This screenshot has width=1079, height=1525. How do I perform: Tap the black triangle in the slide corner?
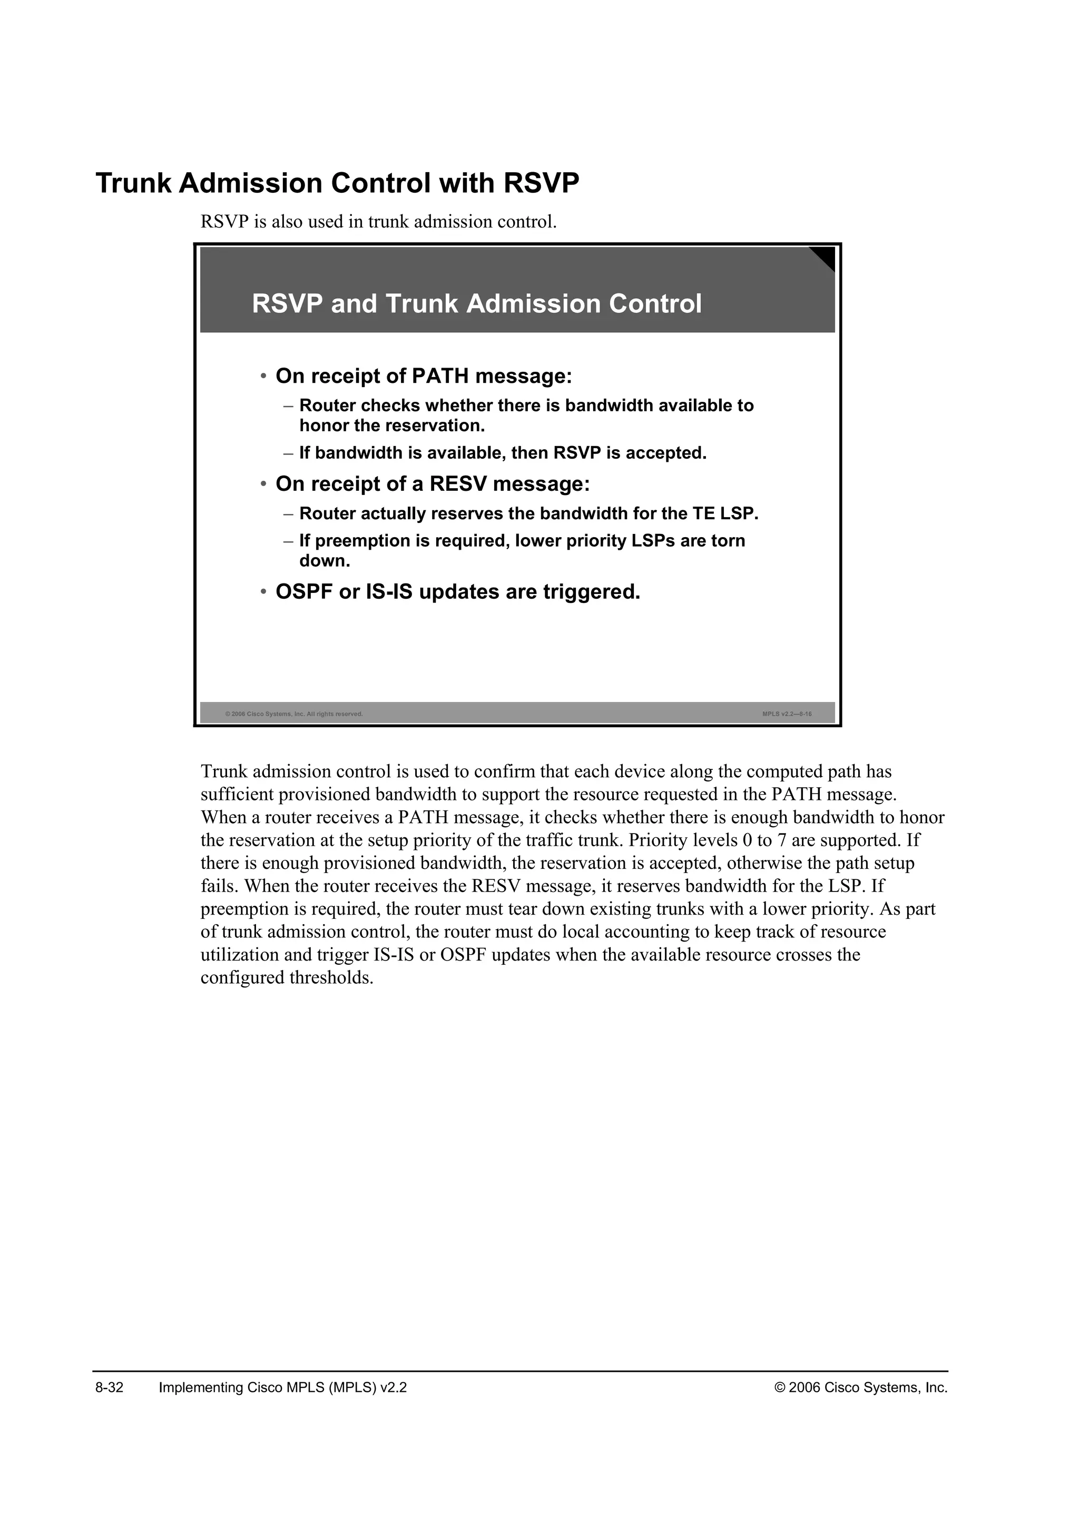[x=825, y=256]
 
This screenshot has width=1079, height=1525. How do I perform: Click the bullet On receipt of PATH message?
[x=423, y=376]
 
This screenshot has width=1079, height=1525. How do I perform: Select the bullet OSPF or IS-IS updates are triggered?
[x=457, y=591]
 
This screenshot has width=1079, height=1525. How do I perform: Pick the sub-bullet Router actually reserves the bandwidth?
[x=528, y=513]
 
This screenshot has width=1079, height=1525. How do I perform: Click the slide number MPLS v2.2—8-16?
[x=787, y=714]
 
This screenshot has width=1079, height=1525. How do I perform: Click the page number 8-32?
[x=110, y=1388]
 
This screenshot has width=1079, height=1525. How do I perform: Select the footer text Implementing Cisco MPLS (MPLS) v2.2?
[x=283, y=1388]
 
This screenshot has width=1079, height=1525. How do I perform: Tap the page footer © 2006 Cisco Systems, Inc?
[x=861, y=1388]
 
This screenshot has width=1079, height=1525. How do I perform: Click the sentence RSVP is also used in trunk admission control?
[x=378, y=221]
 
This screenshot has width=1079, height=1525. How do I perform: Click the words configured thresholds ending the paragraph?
[x=287, y=978]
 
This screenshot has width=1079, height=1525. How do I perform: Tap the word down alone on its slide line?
[x=323, y=561]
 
